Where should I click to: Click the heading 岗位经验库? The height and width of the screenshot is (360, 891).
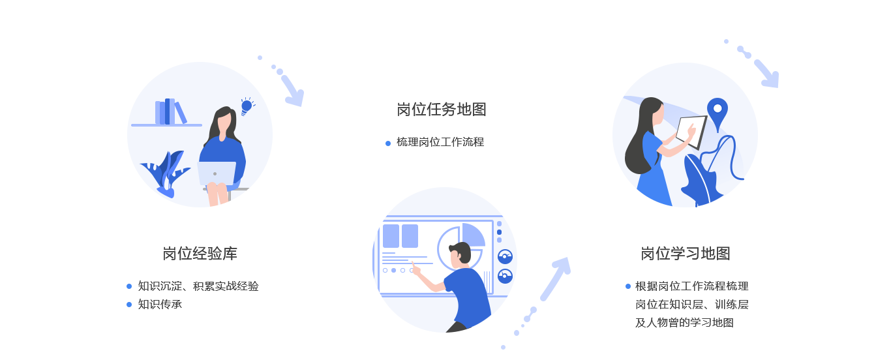(200, 253)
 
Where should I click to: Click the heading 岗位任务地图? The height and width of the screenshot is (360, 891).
(442, 109)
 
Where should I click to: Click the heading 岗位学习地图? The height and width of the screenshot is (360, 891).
(686, 253)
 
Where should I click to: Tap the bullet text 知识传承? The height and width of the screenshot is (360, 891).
(160, 304)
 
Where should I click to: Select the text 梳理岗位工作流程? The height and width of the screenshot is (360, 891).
(440, 142)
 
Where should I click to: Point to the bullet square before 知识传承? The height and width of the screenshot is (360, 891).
(129, 304)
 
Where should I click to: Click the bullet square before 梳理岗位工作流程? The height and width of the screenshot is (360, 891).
(388, 143)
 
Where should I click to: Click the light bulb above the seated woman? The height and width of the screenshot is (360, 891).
(247, 106)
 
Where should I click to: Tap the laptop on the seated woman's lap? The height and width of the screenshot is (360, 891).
(217, 173)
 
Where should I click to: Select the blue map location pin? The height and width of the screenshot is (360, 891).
(717, 113)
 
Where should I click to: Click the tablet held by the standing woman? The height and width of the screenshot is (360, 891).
(691, 131)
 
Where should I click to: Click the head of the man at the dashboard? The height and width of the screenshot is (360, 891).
(461, 252)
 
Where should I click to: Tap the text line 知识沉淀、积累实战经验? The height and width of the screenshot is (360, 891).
(198, 286)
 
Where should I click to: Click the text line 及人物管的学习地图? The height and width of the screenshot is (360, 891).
(685, 322)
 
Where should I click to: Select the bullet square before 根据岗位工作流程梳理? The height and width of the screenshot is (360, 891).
(628, 286)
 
